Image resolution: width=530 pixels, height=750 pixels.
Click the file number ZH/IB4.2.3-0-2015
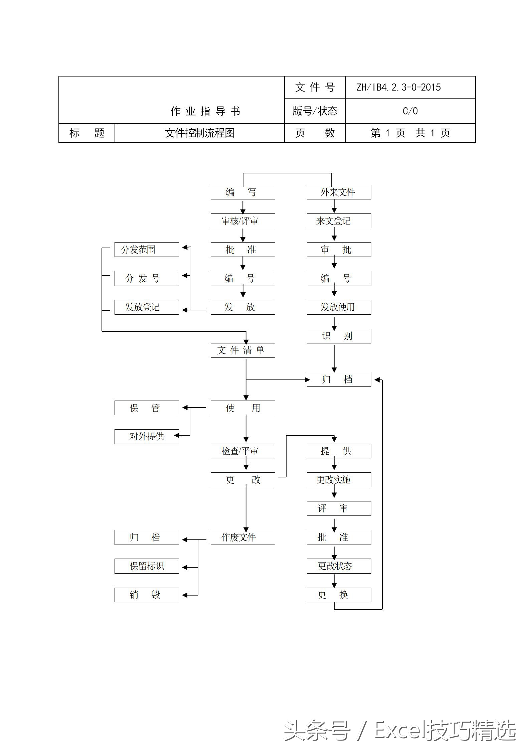[x=398, y=88]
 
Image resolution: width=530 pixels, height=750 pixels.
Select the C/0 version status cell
[x=410, y=111]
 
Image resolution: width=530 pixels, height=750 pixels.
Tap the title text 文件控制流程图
[x=200, y=133]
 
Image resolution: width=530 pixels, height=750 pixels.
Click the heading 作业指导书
[x=205, y=111]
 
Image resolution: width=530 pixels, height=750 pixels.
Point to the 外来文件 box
[x=339, y=192]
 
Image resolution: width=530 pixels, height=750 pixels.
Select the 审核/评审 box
[x=242, y=221]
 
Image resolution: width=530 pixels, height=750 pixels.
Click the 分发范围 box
[x=146, y=250]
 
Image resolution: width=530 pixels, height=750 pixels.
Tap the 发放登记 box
[x=146, y=307]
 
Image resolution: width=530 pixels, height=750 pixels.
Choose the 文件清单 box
[x=242, y=350]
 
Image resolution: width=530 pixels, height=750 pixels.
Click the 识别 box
[x=339, y=336]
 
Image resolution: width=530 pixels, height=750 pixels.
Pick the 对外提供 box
[x=146, y=436]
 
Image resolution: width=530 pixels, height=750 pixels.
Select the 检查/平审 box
[x=242, y=451]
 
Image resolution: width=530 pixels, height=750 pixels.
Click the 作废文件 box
[x=242, y=537]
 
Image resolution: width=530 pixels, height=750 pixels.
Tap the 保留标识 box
[x=146, y=566]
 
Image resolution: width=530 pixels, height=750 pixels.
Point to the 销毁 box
[x=146, y=595]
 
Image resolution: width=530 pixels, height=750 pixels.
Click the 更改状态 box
[x=339, y=566]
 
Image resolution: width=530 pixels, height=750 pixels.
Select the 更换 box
[x=339, y=595]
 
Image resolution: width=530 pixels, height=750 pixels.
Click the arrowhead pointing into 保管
[x=185, y=408]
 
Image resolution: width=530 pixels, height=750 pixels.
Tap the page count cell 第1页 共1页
[x=410, y=133]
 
